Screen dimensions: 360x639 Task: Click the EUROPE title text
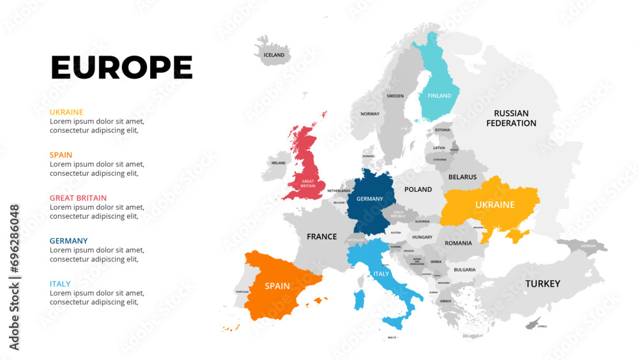coord(121,67)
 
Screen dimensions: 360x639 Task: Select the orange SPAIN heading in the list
coord(61,155)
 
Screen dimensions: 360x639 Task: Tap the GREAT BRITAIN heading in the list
coord(78,198)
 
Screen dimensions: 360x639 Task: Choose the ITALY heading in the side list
coord(60,283)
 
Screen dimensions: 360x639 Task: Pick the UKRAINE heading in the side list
coord(66,112)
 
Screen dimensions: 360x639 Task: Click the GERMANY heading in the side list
coord(68,240)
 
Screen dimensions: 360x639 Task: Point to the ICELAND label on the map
coord(274,55)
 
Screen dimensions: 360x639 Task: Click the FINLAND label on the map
coord(439,96)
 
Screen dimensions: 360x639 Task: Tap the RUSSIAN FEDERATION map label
coord(511,118)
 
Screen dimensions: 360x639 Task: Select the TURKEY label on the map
coord(543,283)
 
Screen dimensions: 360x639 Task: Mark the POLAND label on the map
coord(419,189)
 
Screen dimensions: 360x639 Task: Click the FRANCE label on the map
coord(321,237)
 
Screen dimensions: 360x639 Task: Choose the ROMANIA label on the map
coord(458,243)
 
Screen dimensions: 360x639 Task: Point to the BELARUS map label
coord(463,176)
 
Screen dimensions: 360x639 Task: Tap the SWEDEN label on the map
coord(396,96)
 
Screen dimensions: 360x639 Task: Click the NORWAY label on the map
coord(370,114)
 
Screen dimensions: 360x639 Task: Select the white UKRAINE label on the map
coord(495,205)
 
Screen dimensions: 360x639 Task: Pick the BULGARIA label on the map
coord(465,269)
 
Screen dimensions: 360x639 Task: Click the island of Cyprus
coord(532,324)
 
